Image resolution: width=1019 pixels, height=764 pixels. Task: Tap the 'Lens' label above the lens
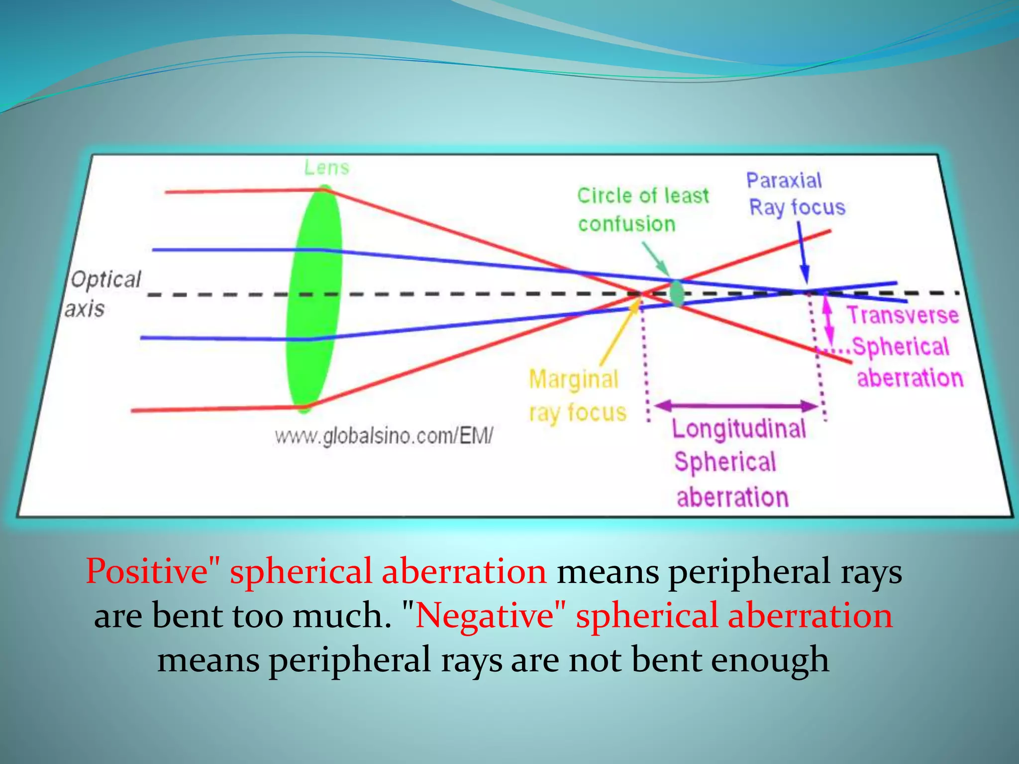coord(326,168)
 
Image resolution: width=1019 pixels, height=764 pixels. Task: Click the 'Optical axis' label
coord(103,293)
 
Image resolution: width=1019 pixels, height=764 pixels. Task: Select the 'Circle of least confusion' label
coord(642,209)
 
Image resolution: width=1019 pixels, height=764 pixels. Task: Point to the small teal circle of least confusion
coord(677,293)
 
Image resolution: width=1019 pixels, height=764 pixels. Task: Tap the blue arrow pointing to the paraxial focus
coord(802,254)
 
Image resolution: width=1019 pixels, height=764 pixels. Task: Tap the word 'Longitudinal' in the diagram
coord(738,429)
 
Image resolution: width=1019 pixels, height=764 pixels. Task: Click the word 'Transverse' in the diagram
coord(903,315)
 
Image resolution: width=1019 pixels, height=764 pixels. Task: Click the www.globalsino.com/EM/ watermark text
coord(384,436)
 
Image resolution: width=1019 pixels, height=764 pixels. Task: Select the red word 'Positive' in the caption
coord(147,572)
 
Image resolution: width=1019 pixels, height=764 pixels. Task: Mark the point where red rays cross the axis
coord(640,294)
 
